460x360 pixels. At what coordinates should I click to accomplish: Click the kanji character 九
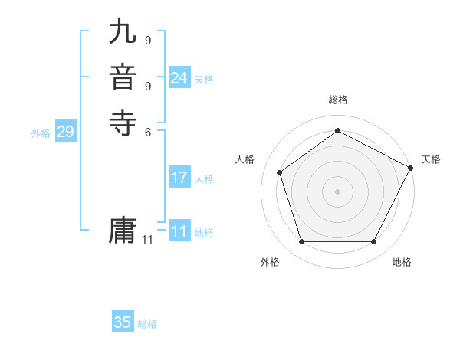pyautogui.click(x=123, y=33)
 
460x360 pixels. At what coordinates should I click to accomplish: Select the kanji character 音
pyautogui.click(x=123, y=79)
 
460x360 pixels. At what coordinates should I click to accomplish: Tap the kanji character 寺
pyautogui.click(x=123, y=123)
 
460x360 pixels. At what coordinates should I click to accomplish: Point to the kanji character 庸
pyautogui.click(x=123, y=231)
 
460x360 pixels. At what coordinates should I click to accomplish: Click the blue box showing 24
pyautogui.click(x=179, y=77)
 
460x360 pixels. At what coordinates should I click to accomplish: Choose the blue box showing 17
pyautogui.click(x=179, y=178)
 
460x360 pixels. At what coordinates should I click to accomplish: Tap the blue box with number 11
pyautogui.click(x=179, y=231)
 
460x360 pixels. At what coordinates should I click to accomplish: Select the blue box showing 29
pyautogui.click(x=65, y=132)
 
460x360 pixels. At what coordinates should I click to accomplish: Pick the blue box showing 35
pyautogui.click(x=122, y=322)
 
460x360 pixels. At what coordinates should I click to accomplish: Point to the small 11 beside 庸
pyautogui.click(x=147, y=240)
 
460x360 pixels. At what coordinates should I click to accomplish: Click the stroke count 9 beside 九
pyautogui.click(x=148, y=40)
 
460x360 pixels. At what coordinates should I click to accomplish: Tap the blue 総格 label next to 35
pyautogui.click(x=147, y=324)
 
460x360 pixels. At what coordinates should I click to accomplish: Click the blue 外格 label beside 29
pyautogui.click(x=41, y=133)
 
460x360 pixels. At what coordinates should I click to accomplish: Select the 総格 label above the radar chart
pyautogui.click(x=338, y=100)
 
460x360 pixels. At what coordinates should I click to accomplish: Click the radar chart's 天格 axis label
pyautogui.click(x=431, y=159)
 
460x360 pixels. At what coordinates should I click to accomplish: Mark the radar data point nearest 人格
pyautogui.click(x=280, y=172)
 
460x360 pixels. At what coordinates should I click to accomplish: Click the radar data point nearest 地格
pyautogui.click(x=373, y=242)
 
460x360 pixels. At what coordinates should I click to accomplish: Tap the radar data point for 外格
pyautogui.click(x=301, y=242)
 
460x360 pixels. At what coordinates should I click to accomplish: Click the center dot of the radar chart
pyautogui.click(x=337, y=191)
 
